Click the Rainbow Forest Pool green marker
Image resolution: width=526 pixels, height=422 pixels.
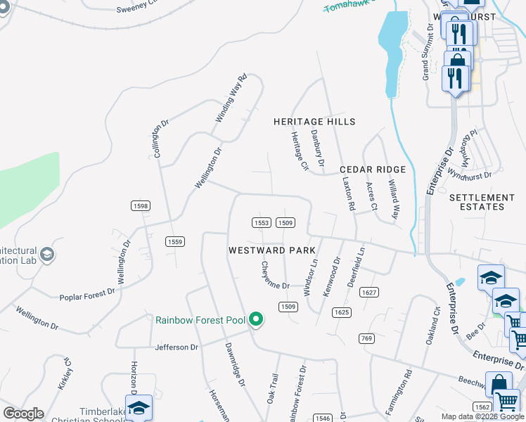(256, 320)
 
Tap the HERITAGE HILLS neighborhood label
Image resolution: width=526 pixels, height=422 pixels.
(314, 122)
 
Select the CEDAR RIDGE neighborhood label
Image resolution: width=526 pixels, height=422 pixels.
(373, 170)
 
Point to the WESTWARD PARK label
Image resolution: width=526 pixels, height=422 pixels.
(271, 250)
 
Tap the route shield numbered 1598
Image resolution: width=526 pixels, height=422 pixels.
(140, 205)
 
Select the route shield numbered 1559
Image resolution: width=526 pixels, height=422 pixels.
(175, 241)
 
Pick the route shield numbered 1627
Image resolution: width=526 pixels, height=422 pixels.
(368, 291)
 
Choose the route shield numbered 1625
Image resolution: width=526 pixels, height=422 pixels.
(342, 312)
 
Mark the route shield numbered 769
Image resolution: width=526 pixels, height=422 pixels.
(365, 338)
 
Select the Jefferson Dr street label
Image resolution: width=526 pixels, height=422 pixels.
(177, 347)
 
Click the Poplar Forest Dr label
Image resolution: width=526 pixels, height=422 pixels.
(86, 295)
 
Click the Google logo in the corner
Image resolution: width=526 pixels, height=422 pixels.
(23, 414)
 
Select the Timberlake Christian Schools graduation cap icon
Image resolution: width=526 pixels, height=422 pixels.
(139, 409)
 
